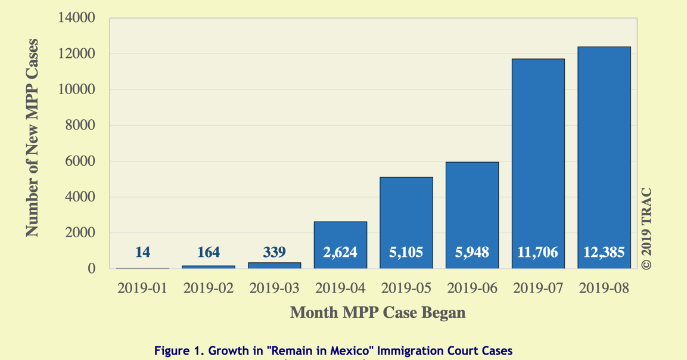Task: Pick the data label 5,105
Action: click(406, 252)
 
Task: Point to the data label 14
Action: click(142, 252)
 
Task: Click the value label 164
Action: click(209, 252)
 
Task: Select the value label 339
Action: click(274, 252)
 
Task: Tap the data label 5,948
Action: click(472, 252)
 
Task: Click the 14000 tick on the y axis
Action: click(76, 18)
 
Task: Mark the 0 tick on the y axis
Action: click(91, 269)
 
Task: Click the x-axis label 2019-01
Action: click(142, 288)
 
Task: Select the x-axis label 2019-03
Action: click(274, 288)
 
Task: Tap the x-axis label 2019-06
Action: click(472, 288)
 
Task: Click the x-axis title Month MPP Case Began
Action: click(378, 312)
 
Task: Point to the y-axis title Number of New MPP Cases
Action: click(32, 138)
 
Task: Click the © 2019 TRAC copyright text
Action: click(646, 229)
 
